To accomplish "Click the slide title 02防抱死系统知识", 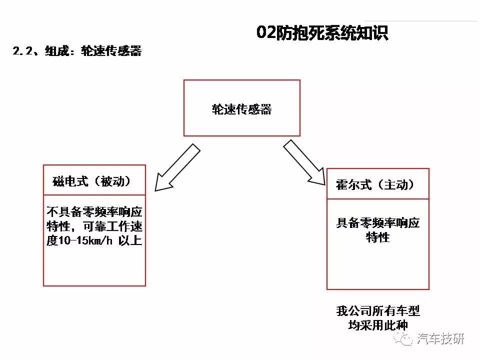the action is tap(322, 32).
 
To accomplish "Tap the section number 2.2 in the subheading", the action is tap(22, 51).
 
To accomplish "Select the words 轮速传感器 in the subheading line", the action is tap(111, 51).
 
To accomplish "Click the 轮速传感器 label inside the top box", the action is tap(241, 109).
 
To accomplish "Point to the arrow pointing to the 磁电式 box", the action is tap(177, 167).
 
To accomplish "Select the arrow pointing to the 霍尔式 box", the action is tap(304, 163).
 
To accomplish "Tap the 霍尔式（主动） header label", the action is tap(375, 184).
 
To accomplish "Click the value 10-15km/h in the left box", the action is tap(85, 240).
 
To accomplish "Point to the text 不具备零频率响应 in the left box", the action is tap(94, 212).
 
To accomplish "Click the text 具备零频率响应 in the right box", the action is tap(378, 222).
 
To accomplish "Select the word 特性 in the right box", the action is tap(378, 237).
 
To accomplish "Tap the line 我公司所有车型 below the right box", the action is tap(378, 310).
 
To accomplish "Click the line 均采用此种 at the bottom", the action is tap(378, 325).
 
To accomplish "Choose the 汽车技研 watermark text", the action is tap(440, 339).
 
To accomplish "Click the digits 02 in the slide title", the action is tap(266, 32).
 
